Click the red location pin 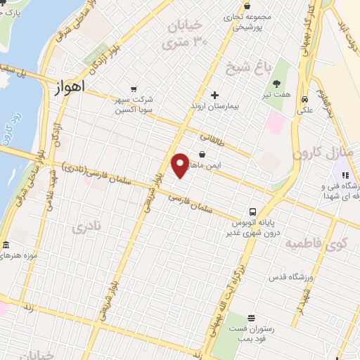(180, 165)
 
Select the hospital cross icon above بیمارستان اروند (215, 95)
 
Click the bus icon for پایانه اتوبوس (251, 212)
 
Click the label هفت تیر (283, 94)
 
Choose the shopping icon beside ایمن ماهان (202, 154)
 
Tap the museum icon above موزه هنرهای (6, 245)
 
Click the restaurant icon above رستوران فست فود (251, 319)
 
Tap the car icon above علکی (304, 99)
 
